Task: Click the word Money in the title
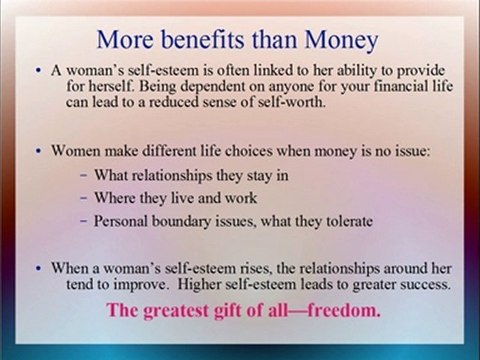[341, 41]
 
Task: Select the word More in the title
[125, 39]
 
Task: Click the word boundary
[181, 221]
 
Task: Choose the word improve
[143, 285]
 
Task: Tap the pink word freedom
[344, 310]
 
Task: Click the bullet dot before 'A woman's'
[39, 71]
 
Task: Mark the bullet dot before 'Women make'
[39, 151]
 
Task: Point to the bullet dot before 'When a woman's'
[39, 268]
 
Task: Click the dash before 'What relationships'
[84, 175]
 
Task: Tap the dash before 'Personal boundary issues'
[84, 221]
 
